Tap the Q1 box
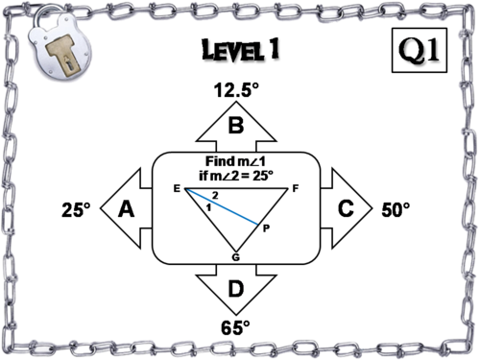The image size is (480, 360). [x=421, y=49]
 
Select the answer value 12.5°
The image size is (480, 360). [x=235, y=91]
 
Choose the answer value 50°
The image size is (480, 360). [x=396, y=209]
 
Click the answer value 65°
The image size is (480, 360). [x=235, y=327]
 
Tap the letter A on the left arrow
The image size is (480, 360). [x=125, y=209]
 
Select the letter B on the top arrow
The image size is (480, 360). [x=235, y=125]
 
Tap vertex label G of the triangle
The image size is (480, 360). [x=235, y=256]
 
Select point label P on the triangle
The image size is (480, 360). [x=266, y=228]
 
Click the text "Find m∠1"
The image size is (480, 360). [x=235, y=161]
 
